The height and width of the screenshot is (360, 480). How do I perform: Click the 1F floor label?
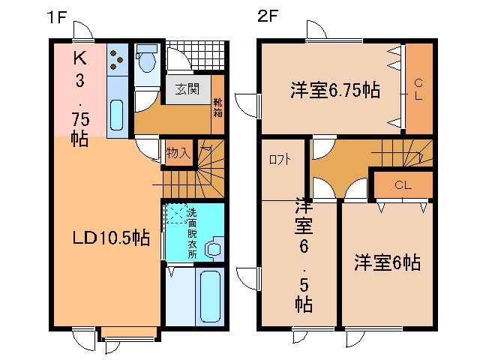click(57, 17)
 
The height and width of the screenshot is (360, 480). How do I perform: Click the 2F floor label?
click(268, 16)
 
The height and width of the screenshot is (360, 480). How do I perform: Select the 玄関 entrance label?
click(187, 89)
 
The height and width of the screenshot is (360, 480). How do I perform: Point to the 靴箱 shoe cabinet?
click(217, 105)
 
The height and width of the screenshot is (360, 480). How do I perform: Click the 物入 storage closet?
click(178, 152)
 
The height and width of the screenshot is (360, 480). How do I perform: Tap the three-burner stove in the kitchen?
click(117, 60)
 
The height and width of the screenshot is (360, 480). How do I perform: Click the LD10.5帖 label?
click(111, 238)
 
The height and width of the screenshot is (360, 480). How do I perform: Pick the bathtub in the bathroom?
click(210, 296)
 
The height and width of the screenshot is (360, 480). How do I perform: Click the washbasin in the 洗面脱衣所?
click(214, 248)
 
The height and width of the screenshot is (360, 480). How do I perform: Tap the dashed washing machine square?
click(177, 213)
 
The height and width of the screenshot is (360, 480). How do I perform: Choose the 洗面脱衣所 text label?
click(192, 233)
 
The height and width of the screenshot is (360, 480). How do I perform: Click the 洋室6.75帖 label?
click(335, 90)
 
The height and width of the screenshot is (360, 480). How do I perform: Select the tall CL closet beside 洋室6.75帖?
click(418, 88)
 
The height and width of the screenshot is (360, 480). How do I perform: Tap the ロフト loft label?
click(280, 160)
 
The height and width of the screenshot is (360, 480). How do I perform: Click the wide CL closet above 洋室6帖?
click(403, 185)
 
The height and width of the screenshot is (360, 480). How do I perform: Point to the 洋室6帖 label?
click(387, 262)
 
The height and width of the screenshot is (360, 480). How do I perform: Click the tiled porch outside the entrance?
click(197, 56)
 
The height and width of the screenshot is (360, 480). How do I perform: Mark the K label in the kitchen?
click(80, 58)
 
